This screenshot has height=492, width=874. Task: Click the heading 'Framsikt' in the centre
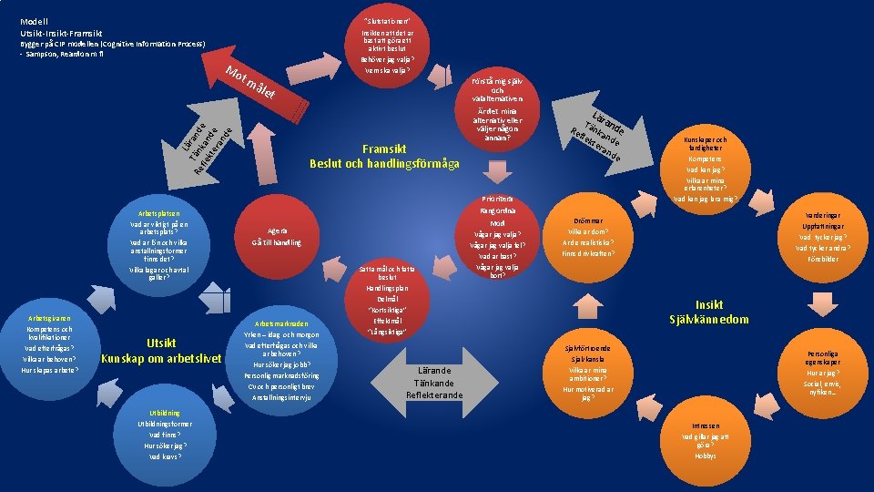(383, 148)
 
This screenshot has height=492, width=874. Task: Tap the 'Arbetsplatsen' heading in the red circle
(159, 212)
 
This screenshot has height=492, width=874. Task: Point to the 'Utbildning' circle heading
(164, 413)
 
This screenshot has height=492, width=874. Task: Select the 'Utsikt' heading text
(161, 343)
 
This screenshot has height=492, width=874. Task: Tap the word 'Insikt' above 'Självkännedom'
(708, 305)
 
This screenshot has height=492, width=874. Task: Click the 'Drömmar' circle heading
(588, 220)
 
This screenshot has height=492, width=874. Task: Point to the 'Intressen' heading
(705, 425)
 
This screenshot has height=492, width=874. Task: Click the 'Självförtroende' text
(587, 348)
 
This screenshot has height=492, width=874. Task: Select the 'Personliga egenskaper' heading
(822, 356)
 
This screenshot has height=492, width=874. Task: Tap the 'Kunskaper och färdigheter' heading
(705, 144)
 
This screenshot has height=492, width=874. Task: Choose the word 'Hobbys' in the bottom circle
(705, 456)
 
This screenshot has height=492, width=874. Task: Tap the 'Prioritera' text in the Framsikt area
(497, 199)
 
